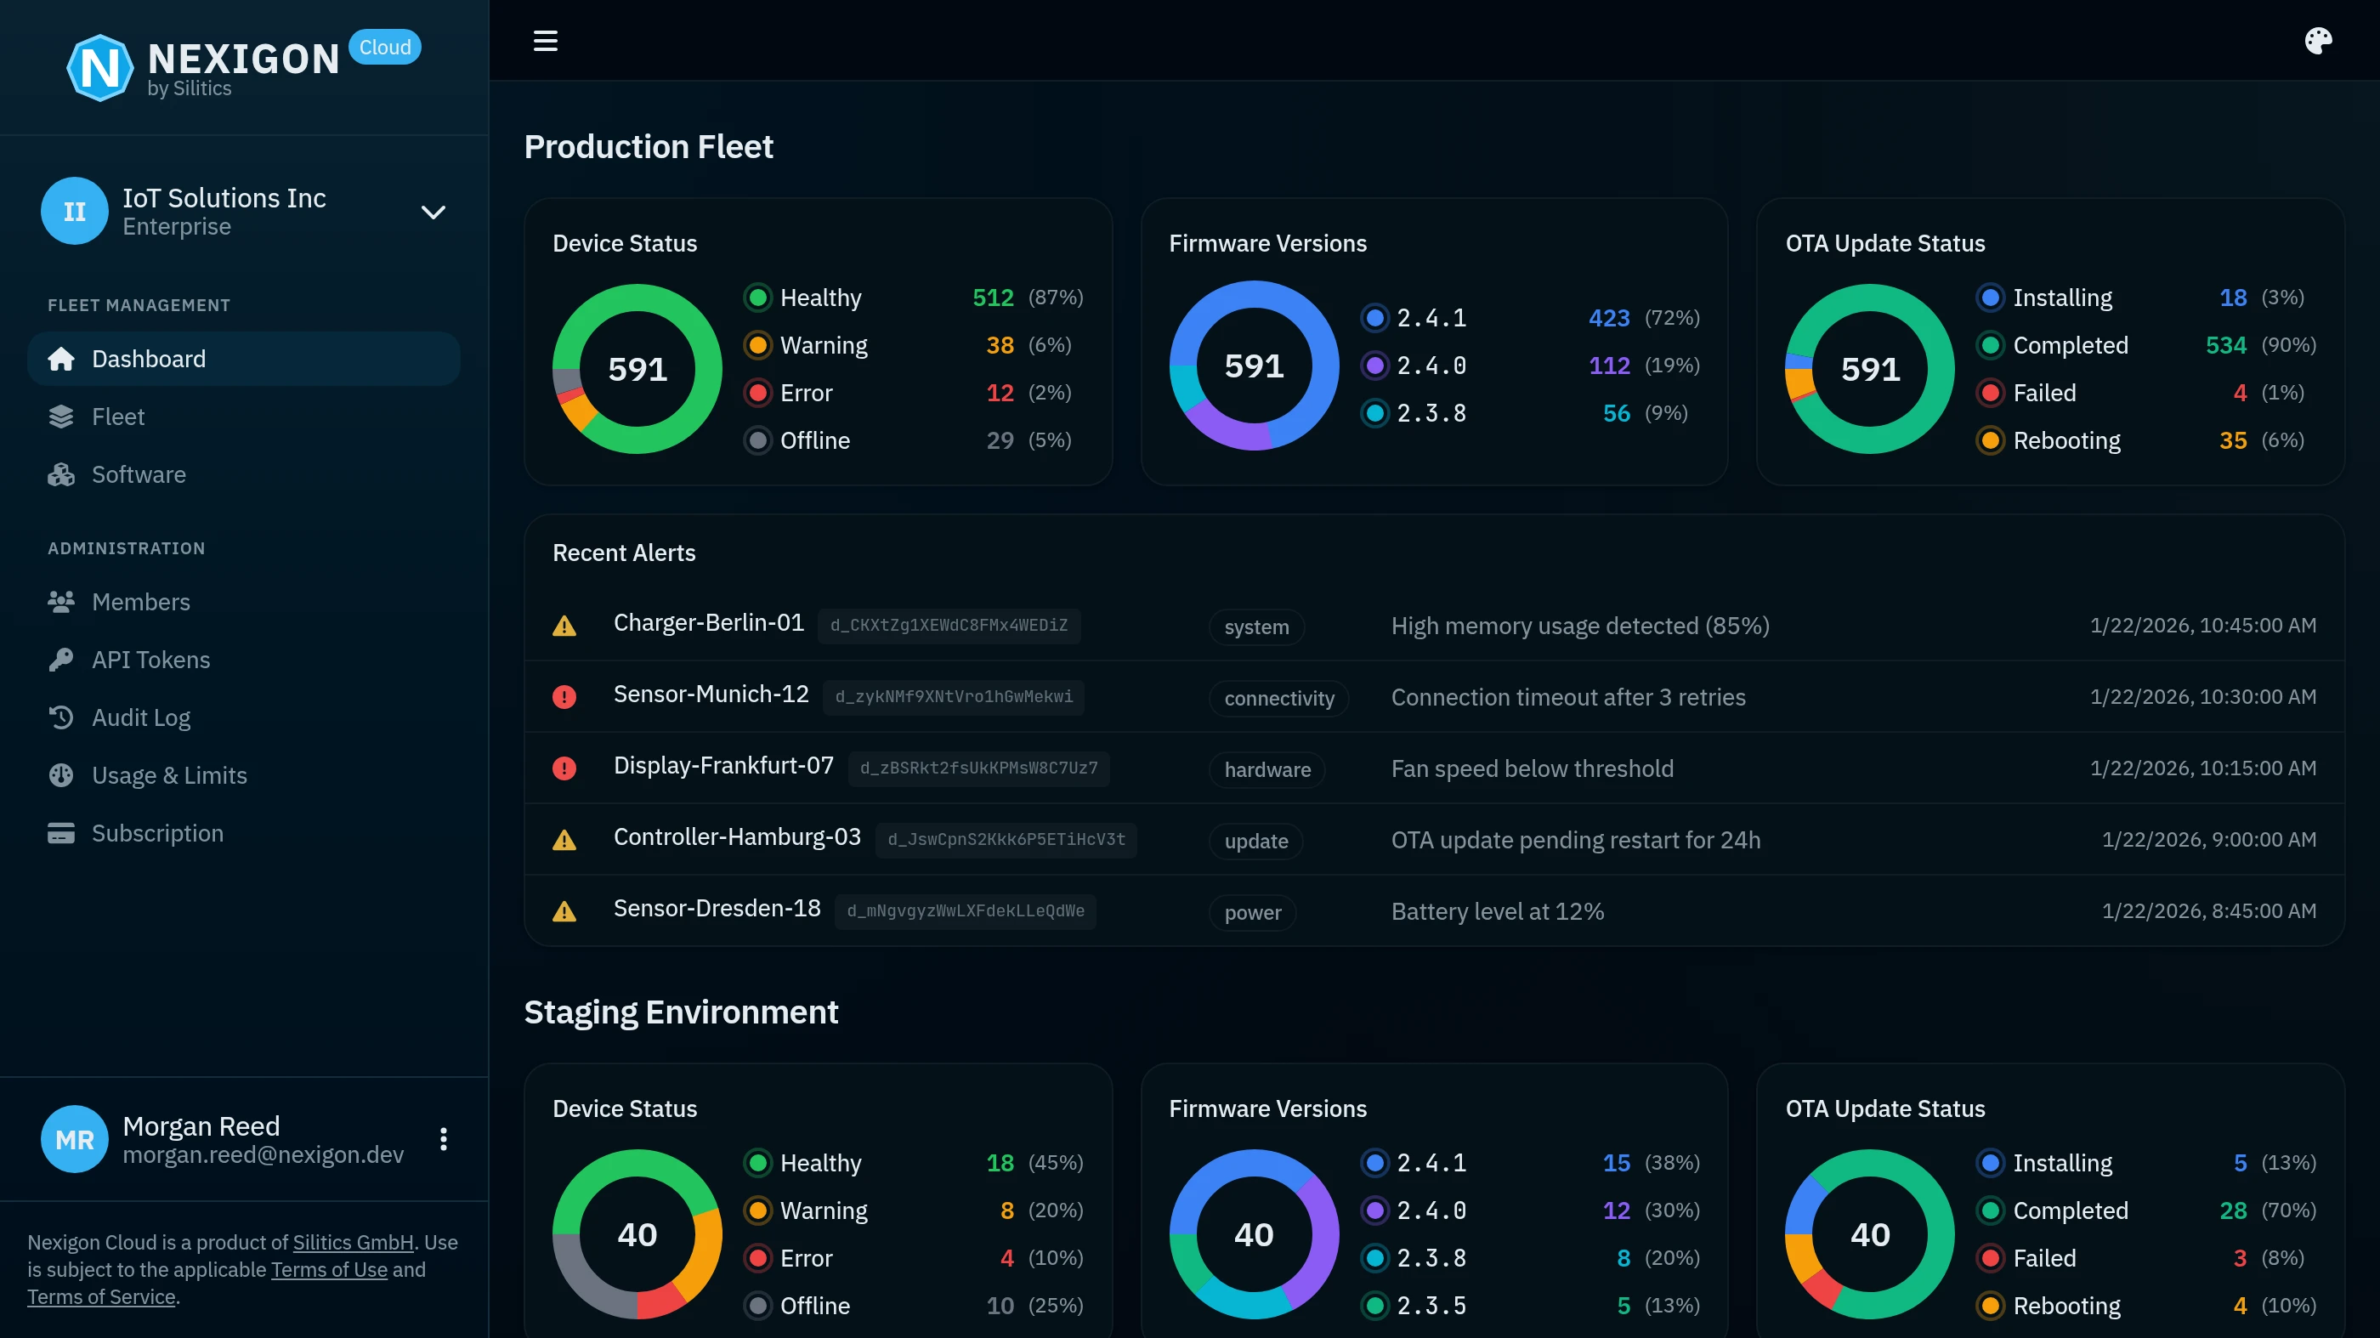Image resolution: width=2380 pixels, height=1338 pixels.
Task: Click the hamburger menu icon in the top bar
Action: (545, 41)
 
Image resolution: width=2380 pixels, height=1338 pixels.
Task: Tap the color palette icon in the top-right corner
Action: (2317, 41)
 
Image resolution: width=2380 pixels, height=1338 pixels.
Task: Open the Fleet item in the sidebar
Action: (118, 417)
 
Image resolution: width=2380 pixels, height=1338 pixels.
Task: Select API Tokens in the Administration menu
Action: (150, 660)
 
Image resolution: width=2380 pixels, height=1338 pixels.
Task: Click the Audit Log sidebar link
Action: (140, 718)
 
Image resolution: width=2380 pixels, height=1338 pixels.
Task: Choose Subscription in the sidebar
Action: (157, 833)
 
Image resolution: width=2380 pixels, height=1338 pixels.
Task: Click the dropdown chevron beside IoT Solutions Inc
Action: (433, 213)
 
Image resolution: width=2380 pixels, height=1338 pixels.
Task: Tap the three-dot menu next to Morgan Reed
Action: (444, 1139)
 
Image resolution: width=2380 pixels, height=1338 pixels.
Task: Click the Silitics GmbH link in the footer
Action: (353, 1243)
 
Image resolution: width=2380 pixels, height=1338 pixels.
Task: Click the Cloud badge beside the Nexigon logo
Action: (384, 47)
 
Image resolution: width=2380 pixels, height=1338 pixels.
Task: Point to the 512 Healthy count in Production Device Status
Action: (992, 298)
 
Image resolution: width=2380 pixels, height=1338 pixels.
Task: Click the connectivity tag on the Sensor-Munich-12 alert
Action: (1278, 699)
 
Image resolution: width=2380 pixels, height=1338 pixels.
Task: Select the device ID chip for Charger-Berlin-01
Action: (948, 626)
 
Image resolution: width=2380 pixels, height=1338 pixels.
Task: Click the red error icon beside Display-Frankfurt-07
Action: (564, 768)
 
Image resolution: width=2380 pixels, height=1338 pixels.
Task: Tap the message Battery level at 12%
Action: (1497, 912)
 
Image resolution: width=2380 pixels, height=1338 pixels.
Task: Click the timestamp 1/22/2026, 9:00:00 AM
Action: (2208, 840)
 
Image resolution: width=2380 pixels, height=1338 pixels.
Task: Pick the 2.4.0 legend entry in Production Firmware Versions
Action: (1431, 366)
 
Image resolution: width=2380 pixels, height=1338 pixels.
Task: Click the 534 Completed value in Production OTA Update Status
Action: (2224, 346)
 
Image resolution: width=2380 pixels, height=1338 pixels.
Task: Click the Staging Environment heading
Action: (681, 1012)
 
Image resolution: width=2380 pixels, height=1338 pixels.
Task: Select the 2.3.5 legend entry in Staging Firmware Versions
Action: (1431, 1306)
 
